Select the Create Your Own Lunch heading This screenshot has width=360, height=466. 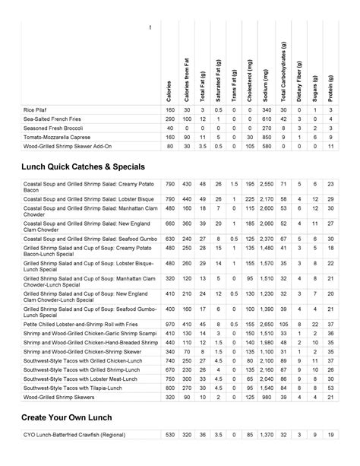(x=68, y=418)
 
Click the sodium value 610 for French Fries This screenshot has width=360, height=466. (x=267, y=119)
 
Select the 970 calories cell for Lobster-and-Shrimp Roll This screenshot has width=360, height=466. (x=169, y=323)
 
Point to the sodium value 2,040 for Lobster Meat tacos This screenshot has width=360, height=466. (x=267, y=378)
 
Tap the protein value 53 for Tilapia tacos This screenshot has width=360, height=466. (x=330, y=387)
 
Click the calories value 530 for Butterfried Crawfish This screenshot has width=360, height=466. (x=169, y=434)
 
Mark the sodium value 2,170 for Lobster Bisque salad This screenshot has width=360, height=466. (x=267, y=198)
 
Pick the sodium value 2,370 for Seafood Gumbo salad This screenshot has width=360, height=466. (x=267, y=238)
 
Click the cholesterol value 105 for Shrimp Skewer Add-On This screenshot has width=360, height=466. (x=250, y=146)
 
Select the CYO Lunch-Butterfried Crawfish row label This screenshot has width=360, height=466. (x=84, y=434)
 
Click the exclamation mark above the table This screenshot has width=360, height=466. (x=150, y=28)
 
